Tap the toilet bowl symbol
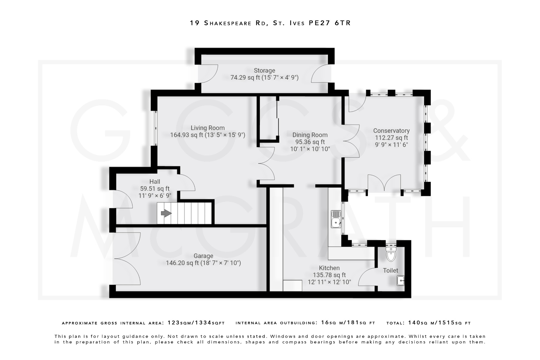[391, 255]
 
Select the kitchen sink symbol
[336, 219]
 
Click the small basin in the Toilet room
[401, 281]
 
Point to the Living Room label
[208, 128]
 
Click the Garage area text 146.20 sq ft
[182, 263]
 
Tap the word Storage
[264, 70]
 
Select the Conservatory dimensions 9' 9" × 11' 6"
[391, 145]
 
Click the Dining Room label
[310, 135]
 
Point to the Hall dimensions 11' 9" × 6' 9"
[155, 195]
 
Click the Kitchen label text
[329, 268]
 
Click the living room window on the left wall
[156, 128]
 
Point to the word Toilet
[390, 271]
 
